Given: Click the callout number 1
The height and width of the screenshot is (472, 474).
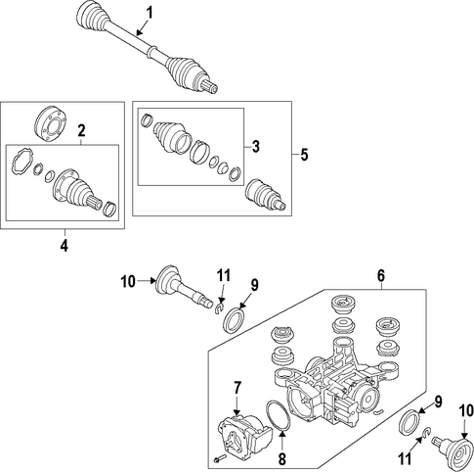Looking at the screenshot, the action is (x=150, y=14).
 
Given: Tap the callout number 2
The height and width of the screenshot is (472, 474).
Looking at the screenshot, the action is (x=81, y=130).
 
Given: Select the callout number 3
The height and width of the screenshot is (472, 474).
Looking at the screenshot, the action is (x=256, y=146).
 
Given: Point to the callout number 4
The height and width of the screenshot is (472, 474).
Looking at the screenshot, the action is (x=65, y=245).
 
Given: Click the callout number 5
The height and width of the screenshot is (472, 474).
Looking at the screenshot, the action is (x=304, y=155).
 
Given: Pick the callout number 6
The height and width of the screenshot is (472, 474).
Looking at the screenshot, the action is (x=381, y=275).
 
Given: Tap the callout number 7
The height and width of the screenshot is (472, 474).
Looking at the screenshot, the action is (x=237, y=388).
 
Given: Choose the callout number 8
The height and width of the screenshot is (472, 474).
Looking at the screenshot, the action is (x=282, y=459).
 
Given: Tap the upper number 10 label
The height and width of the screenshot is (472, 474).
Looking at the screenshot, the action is (x=128, y=281).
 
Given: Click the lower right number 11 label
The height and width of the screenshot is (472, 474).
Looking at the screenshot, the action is (x=405, y=459).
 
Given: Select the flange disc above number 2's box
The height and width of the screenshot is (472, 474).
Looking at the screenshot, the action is (x=51, y=122).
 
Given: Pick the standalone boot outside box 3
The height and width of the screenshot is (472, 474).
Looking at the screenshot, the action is (x=266, y=194).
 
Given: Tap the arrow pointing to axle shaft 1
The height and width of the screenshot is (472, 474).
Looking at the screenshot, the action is (x=143, y=27).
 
